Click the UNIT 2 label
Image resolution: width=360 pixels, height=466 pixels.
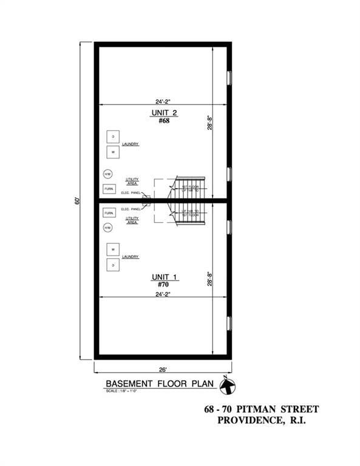point(163,113)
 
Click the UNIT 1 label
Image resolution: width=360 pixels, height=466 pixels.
point(164,277)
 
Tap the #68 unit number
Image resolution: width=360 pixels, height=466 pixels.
point(163,121)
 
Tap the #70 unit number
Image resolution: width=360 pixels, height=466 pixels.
point(163,285)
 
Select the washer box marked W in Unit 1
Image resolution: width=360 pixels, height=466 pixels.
point(113,249)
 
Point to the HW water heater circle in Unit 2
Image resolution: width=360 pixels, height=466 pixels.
point(107,174)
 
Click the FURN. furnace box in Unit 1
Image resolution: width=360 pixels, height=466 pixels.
point(109,213)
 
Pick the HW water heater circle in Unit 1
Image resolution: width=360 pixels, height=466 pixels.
point(107,228)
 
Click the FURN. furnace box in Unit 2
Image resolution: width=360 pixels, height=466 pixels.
point(109,189)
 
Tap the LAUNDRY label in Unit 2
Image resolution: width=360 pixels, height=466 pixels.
point(131,144)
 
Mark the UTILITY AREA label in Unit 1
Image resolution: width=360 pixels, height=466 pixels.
point(132,220)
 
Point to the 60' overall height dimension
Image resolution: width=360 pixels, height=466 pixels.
point(78,200)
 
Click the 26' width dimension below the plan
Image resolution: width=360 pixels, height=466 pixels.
point(163,369)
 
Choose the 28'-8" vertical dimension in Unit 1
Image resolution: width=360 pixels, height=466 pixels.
point(210,279)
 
